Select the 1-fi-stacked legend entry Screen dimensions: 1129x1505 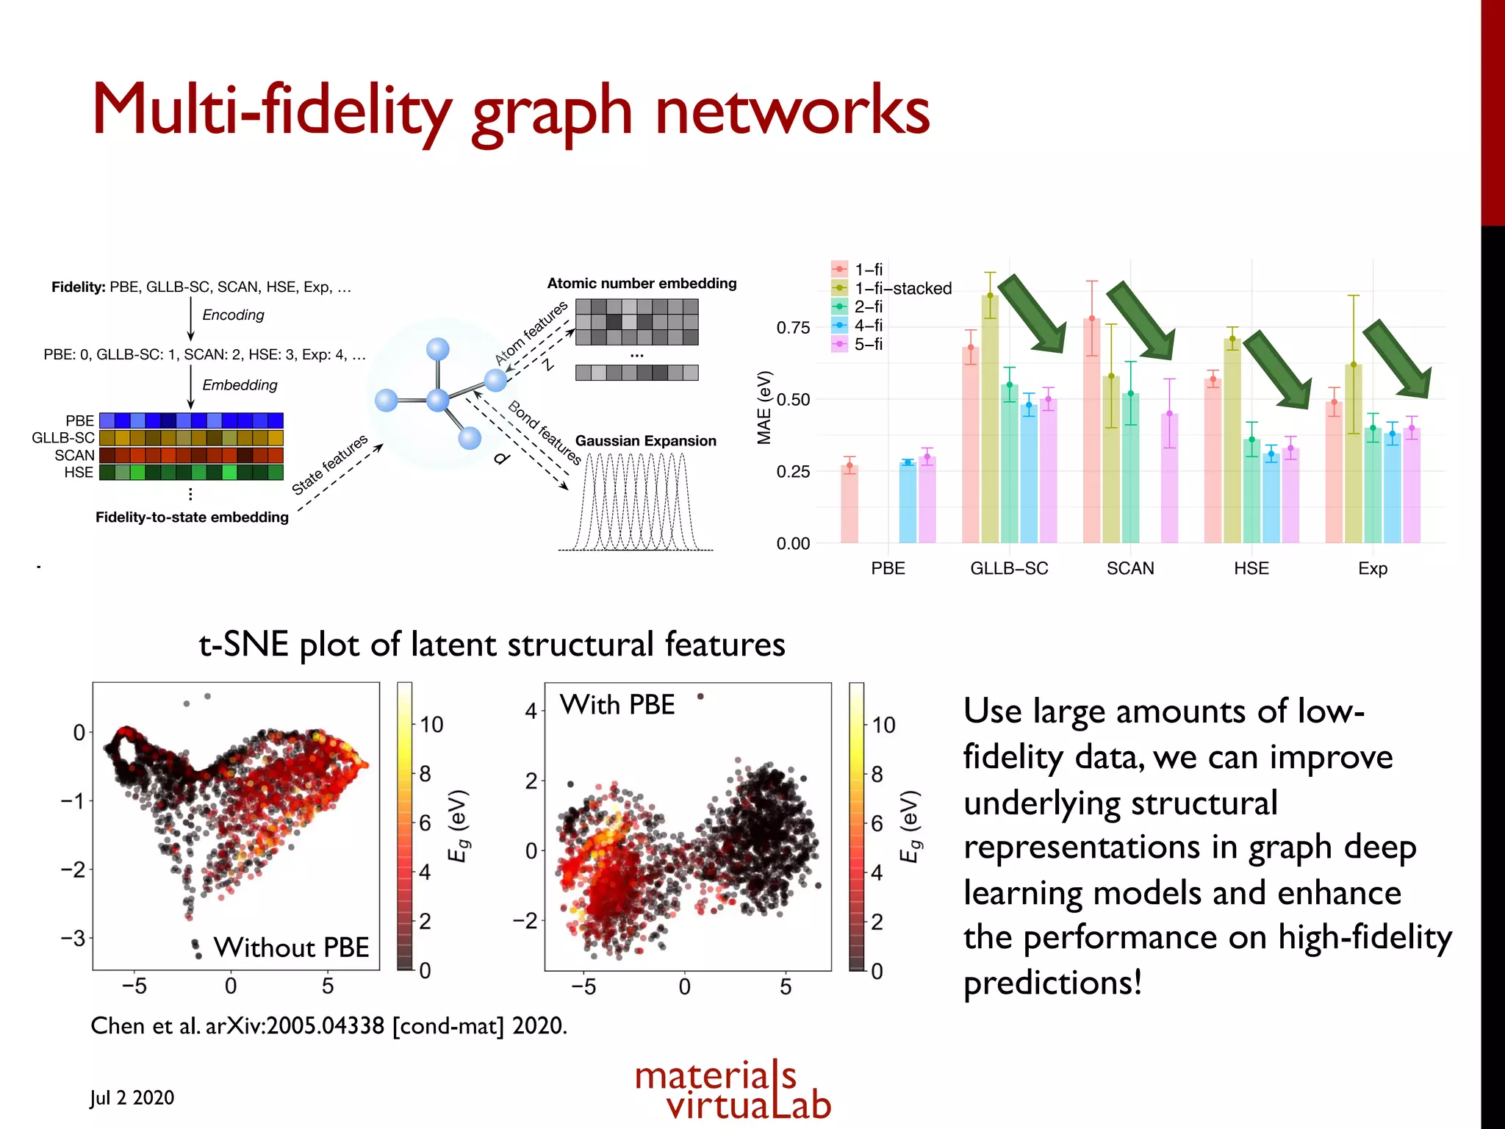902,288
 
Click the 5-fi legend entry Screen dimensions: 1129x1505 868,344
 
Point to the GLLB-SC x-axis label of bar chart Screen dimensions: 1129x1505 1008,568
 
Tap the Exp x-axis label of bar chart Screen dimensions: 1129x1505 1372,568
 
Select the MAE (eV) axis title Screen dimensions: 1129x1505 764,407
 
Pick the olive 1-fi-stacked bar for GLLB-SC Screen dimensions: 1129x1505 990,419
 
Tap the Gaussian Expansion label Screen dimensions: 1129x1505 645,441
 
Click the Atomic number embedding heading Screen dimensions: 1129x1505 642,283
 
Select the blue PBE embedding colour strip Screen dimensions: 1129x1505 191,420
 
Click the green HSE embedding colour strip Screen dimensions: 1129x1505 191,473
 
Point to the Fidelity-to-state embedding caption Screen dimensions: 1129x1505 192,517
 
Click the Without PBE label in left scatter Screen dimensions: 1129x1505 291,947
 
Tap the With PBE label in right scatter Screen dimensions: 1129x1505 617,705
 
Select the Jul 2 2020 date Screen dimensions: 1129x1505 132,1097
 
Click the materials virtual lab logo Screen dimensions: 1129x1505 733,1091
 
